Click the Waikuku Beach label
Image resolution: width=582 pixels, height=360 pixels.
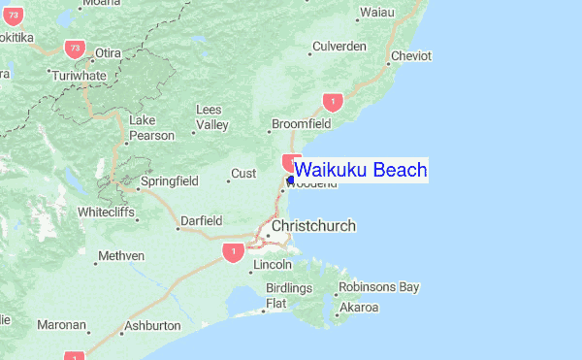(x=360, y=171)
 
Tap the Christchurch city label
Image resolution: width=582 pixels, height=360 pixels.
(x=313, y=226)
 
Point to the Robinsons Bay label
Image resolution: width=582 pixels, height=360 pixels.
(x=379, y=287)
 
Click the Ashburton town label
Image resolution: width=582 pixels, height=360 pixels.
(x=153, y=326)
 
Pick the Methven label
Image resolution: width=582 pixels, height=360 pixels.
(x=121, y=255)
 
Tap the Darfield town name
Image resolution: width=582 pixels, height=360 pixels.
(x=202, y=221)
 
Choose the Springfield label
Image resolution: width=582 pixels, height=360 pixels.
(x=169, y=181)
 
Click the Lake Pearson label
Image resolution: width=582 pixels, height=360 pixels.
(x=151, y=128)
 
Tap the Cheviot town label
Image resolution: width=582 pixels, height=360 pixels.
(x=410, y=56)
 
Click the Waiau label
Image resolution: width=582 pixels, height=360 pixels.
(x=377, y=13)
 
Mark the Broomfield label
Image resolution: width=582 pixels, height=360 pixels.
(x=301, y=124)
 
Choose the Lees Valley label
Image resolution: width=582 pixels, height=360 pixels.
(x=211, y=117)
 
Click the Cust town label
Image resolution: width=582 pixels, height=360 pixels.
(x=242, y=175)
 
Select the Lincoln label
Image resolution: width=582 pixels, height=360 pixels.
(x=272, y=265)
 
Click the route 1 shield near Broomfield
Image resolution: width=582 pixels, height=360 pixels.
(x=334, y=101)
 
